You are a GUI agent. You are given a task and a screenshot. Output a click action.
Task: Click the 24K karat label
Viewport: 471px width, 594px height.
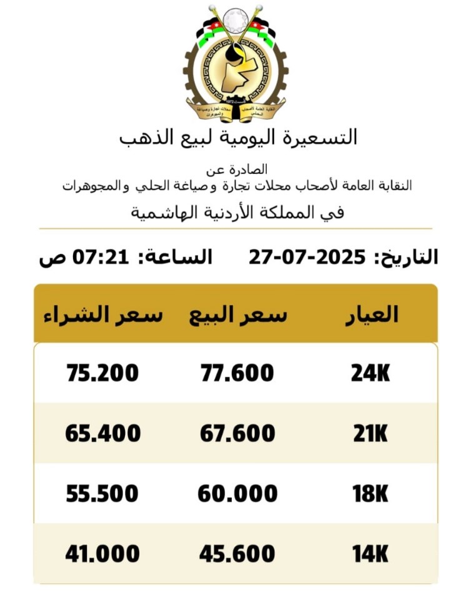(x=370, y=373)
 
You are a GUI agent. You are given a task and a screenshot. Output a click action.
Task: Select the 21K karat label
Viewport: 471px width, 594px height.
(x=370, y=433)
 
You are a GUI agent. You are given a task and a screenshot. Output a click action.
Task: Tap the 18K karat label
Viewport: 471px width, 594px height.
(x=370, y=494)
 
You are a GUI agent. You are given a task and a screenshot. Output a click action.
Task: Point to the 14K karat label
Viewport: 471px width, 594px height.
(x=370, y=553)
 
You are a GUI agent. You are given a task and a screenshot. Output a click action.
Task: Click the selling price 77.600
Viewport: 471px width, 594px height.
(x=237, y=373)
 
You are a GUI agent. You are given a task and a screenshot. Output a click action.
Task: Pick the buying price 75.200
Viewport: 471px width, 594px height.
(x=102, y=373)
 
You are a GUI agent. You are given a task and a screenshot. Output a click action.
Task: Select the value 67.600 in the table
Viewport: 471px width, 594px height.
(x=237, y=433)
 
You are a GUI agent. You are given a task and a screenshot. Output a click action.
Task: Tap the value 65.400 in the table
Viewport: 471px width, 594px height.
(x=102, y=433)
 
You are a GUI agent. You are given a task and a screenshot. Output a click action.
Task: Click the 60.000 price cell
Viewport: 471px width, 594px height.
(x=237, y=494)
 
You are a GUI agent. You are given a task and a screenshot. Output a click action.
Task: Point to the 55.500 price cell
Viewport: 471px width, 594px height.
(x=102, y=494)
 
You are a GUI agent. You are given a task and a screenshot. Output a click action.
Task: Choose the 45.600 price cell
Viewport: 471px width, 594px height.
(x=237, y=553)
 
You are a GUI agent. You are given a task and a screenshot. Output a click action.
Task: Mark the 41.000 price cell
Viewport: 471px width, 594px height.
(x=102, y=553)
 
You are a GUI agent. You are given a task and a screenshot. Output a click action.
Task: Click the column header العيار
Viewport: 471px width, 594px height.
(x=372, y=315)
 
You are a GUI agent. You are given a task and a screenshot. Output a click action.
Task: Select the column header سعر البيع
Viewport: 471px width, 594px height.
(x=238, y=315)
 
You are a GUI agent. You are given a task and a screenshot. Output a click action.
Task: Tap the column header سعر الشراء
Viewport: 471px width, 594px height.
(x=103, y=315)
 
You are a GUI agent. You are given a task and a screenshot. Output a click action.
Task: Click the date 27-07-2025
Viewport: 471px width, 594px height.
(x=307, y=256)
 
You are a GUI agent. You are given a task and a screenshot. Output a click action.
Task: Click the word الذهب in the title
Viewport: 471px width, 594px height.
(x=141, y=136)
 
